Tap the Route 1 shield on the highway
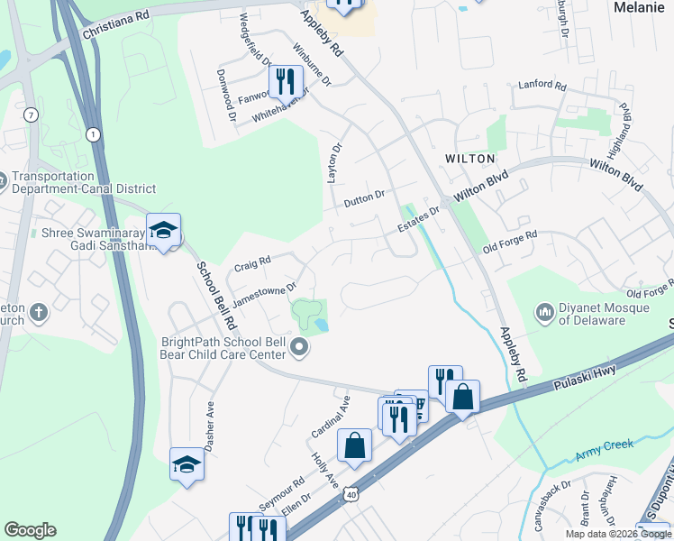click(92, 134)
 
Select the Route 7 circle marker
click(32, 115)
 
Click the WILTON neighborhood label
click(470, 159)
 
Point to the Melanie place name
click(638, 6)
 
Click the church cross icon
click(37, 312)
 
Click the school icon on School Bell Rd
click(163, 232)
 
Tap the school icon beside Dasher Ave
click(187, 464)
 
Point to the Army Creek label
click(605, 445)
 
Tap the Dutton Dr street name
click(364, 198)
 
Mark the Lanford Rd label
click(542, 87)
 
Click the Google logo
click(30, 530)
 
